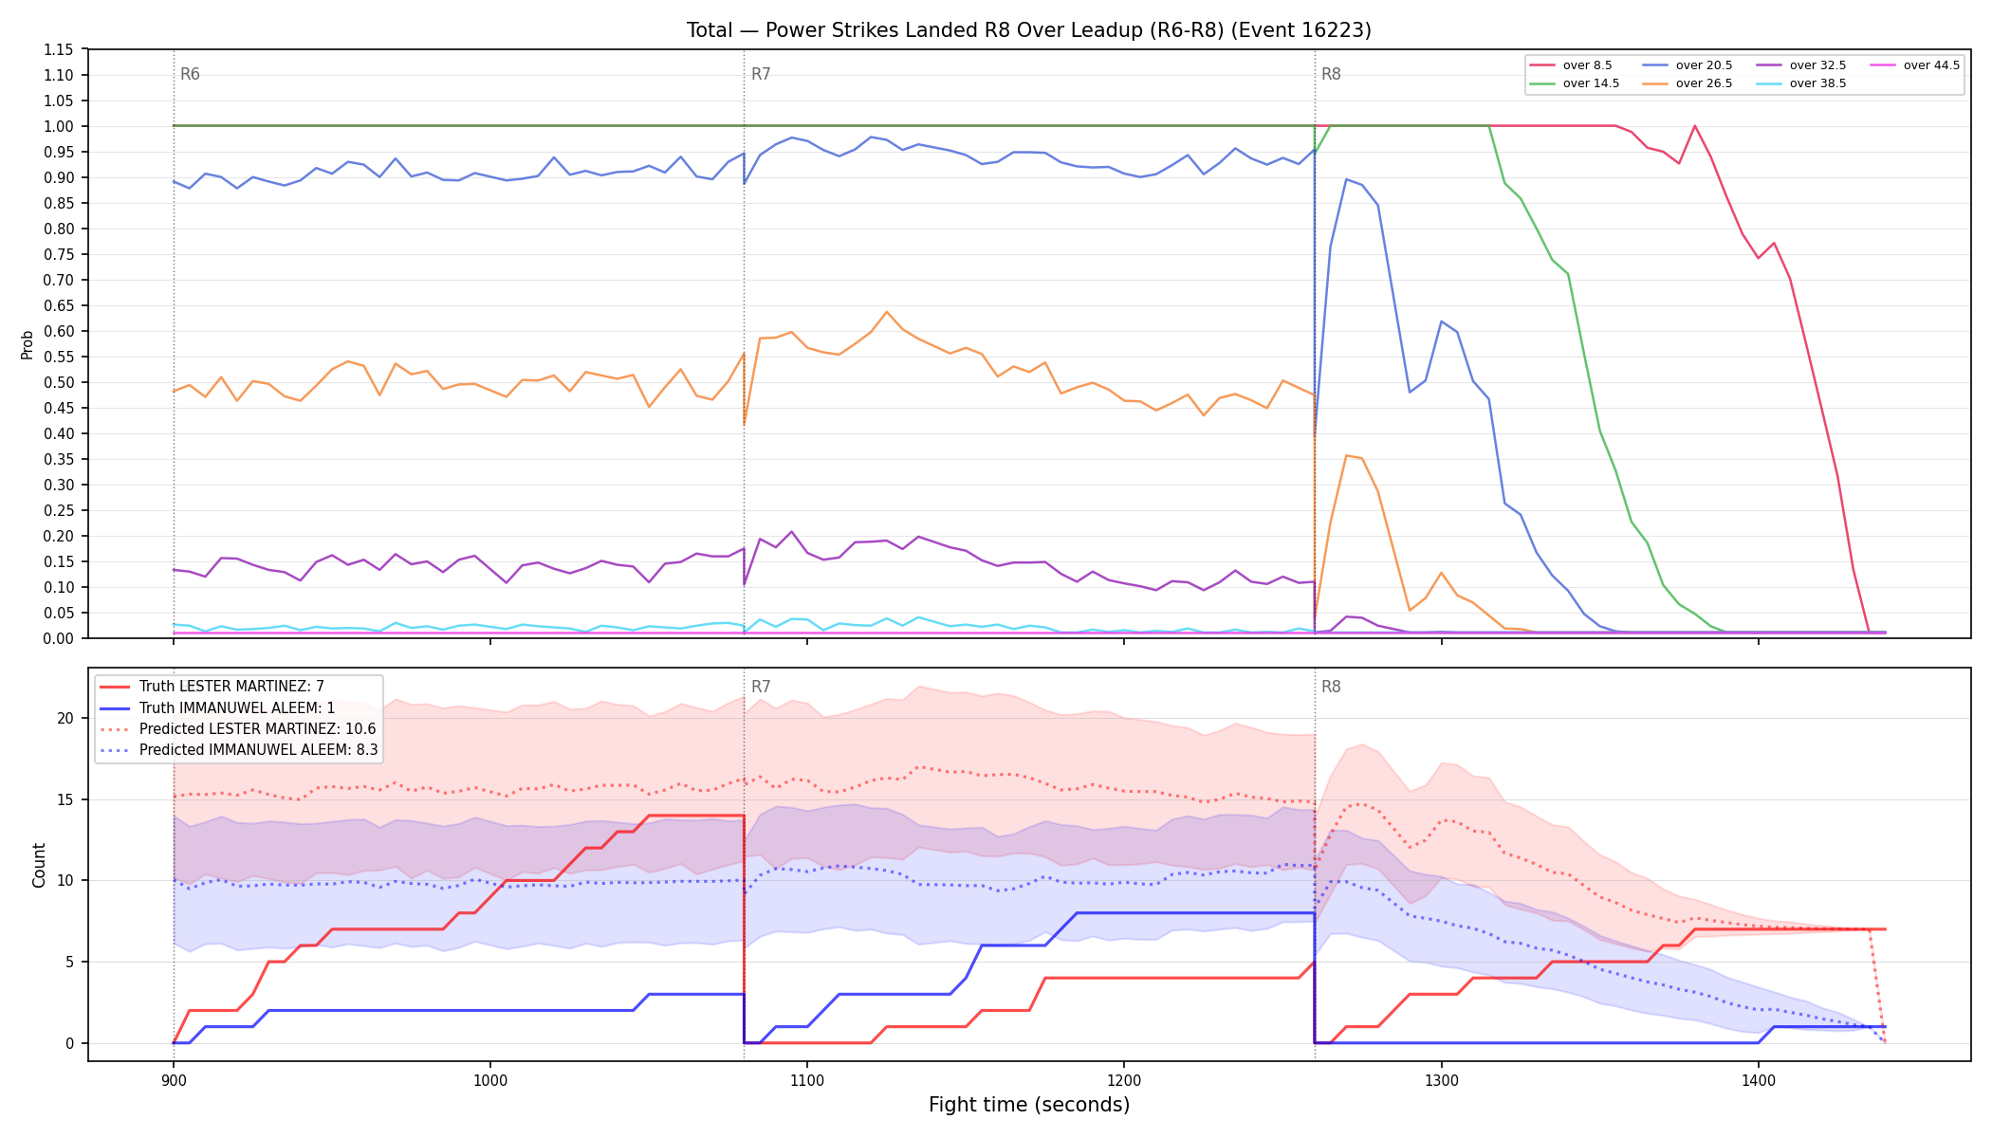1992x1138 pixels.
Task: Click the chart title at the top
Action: click(x=1029, y=30)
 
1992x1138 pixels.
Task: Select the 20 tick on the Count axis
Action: click(x=65, y=718)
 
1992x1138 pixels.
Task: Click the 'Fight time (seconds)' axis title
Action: click(x=1029, y=1105)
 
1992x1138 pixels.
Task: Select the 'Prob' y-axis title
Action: click(x=28, y=344)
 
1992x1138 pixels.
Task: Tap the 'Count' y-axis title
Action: click(x=39, y=865)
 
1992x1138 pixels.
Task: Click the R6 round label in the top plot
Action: click(x=190, y=74)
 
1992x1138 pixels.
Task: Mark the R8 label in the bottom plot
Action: click(x=1331, y=687)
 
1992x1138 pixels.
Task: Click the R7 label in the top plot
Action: click(x=761, y=74)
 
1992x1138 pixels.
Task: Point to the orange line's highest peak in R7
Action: click(x=887, y=311)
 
